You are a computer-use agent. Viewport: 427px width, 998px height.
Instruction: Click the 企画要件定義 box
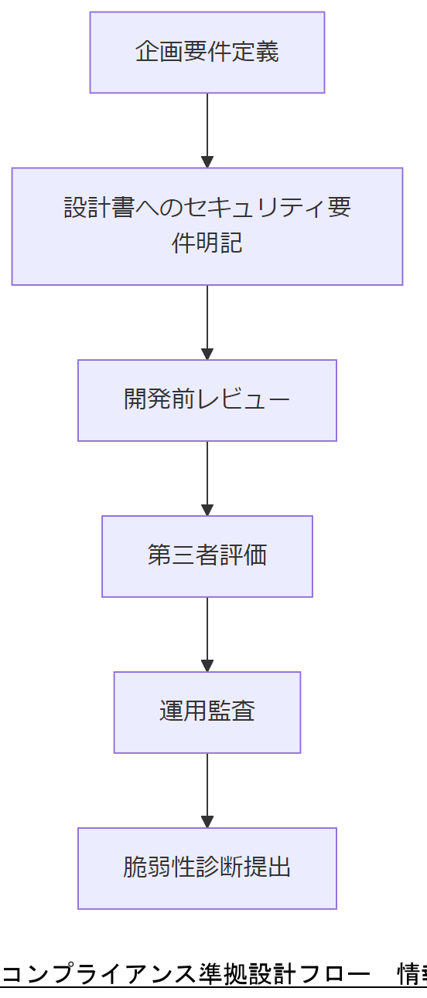coord(207,53)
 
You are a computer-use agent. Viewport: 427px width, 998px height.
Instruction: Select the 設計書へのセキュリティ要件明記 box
coord(207,226)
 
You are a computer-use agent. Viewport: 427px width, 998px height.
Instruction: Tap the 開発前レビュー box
coord(207,400)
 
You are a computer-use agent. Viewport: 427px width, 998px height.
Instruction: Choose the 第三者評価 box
coord(207,556)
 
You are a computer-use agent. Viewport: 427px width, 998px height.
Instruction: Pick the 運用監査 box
coord(207,712)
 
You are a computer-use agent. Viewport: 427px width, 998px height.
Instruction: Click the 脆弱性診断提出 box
coord(207,868)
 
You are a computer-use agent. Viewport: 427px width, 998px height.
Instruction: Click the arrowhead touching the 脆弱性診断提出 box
coord(207,821)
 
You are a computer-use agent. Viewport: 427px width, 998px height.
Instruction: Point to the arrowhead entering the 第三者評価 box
coord(207,509)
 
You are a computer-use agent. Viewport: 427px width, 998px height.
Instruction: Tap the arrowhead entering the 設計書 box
coord(207,161)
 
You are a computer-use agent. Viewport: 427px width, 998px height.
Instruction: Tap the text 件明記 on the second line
coord(207,243)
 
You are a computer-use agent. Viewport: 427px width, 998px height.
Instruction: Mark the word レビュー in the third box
coord(244,400)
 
